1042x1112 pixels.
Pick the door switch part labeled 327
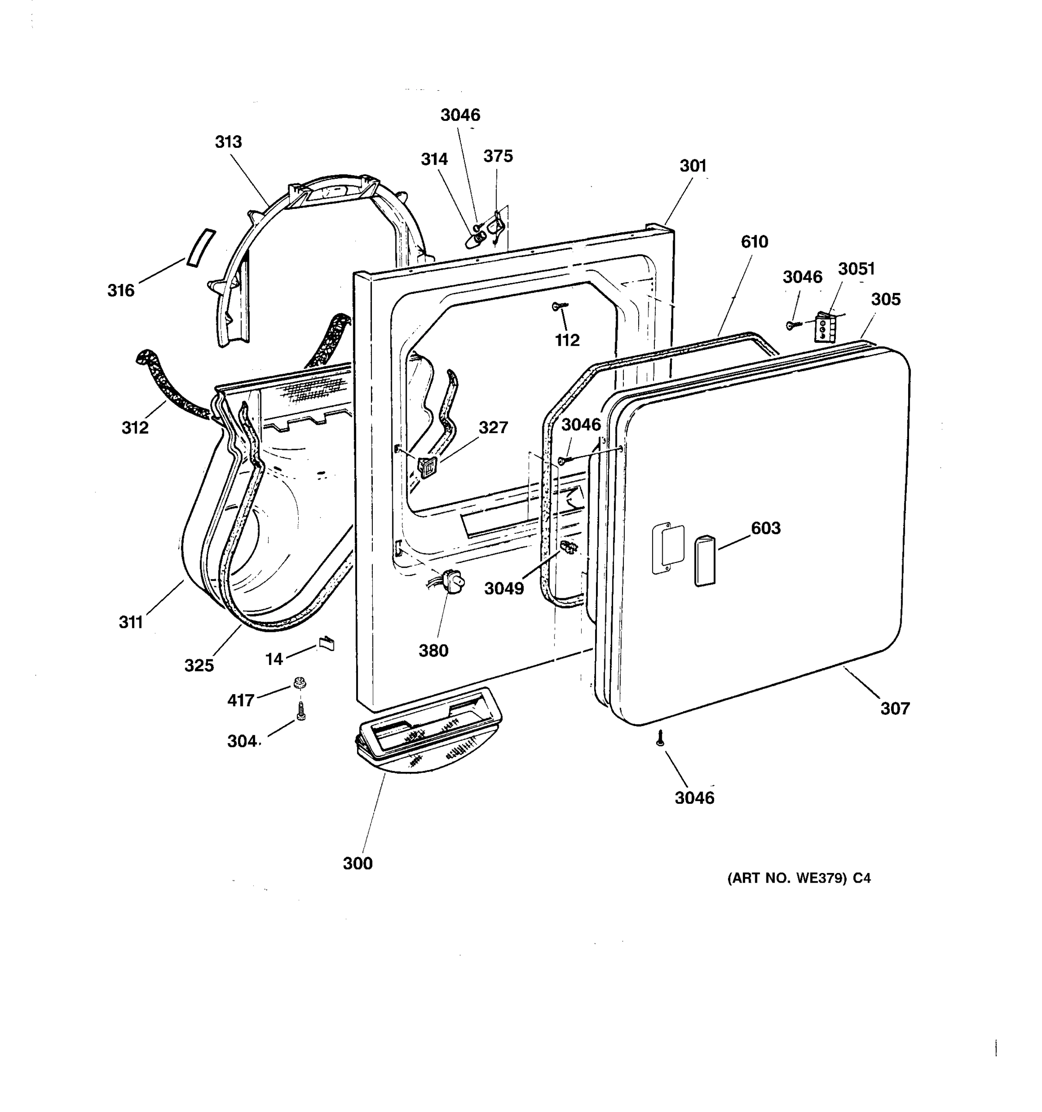tap(427, 467)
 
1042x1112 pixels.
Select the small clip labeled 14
tap(326, 643)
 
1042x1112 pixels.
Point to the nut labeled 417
tap(300, 683)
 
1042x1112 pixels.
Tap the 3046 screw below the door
tap(660, 739)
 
